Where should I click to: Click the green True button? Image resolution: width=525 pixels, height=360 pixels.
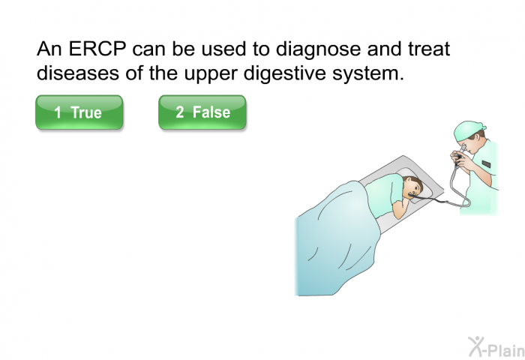coord(79,112)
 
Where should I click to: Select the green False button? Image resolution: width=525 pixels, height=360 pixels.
coord(202,112)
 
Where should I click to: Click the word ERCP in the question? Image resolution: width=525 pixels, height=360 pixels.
coord(97,49)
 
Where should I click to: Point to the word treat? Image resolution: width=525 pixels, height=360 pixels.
coord(428,49)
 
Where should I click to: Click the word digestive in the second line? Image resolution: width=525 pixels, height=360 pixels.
coord(284,73)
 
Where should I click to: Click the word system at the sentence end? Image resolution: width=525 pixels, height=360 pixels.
coord(368,74)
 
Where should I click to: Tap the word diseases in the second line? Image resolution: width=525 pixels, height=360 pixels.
coord(78,73)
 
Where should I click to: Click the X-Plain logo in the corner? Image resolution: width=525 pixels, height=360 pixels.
coord(496,346)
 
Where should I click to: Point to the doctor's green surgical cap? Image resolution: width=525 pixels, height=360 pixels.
coord(468,130)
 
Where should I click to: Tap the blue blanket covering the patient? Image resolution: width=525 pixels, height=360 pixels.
coord(334,241)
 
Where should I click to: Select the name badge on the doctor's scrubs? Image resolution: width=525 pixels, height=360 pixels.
coord(486,164)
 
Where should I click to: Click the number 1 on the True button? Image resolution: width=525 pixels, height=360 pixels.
coord(58,112)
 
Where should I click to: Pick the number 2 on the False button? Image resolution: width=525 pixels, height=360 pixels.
coord(180,112)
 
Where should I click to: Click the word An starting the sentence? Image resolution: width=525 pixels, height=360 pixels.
coord(49,49)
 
